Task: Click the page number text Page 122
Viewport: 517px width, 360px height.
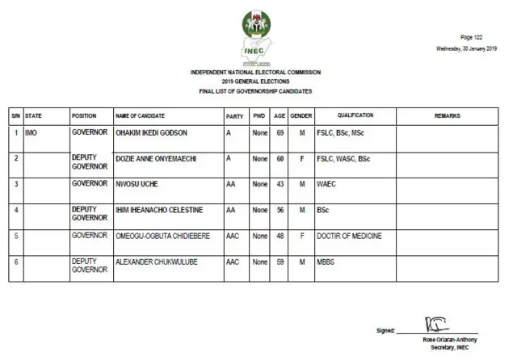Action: (472, 37)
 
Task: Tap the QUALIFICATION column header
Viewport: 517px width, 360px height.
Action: (355, 116)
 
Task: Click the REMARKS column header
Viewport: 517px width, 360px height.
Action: (448, 116)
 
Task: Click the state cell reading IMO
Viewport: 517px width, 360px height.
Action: (31, 132)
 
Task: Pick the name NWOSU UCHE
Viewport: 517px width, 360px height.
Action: (136, 184)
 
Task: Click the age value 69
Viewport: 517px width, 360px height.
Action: (280, 132)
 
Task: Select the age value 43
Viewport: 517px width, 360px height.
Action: (280, 184)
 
